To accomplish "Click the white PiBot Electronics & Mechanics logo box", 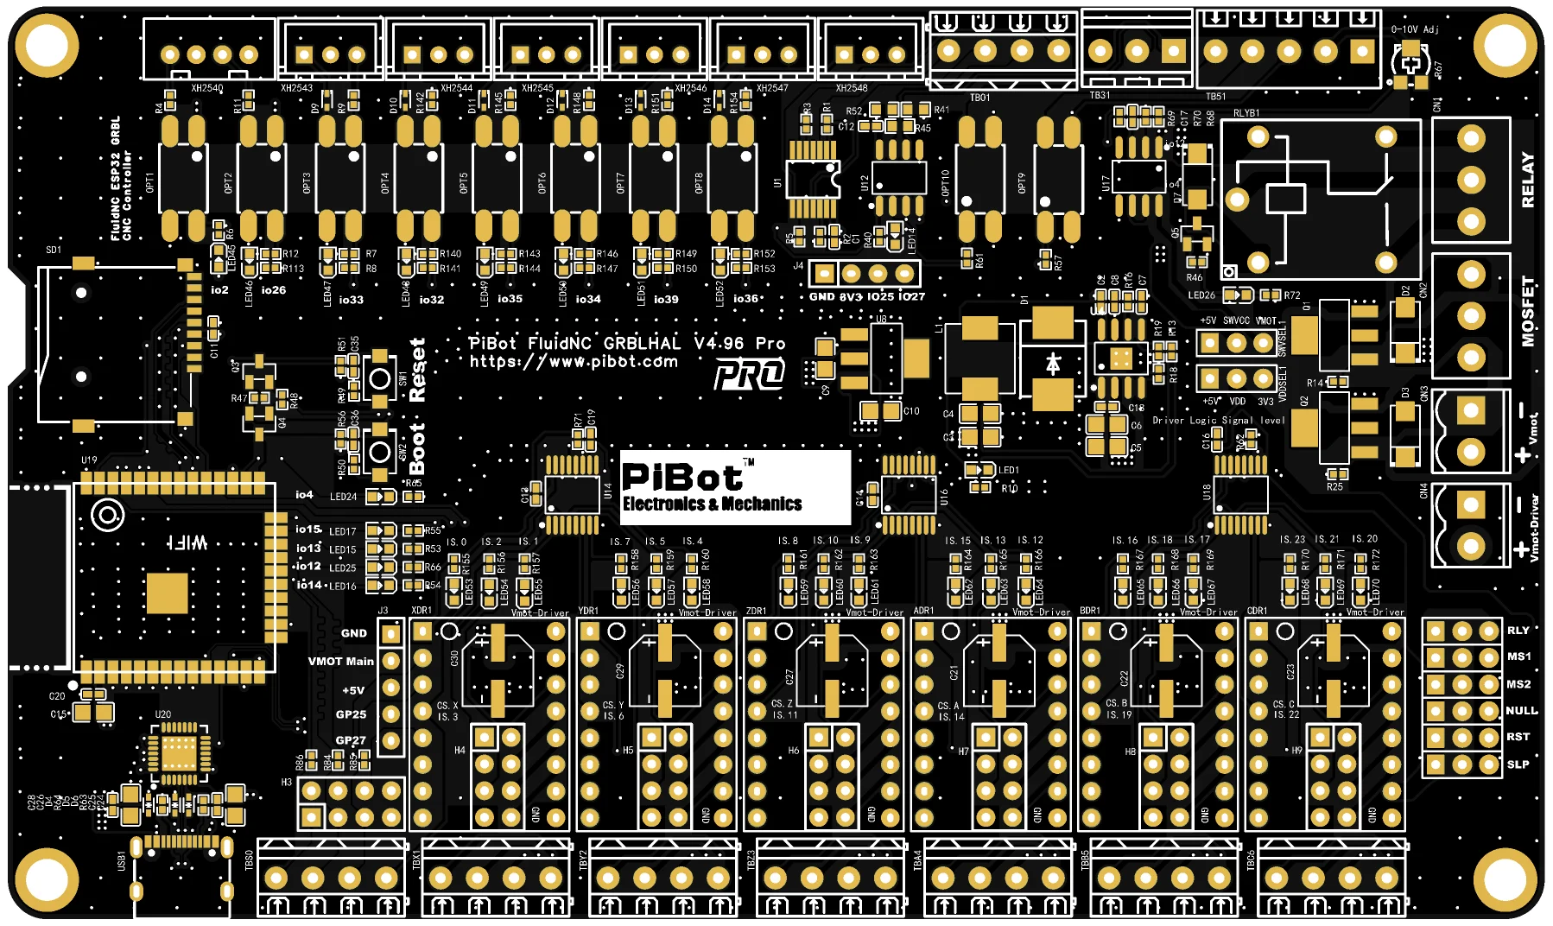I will click(735, 487).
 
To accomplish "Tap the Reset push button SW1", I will click(379, 377).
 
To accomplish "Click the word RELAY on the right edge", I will click(1528, 180).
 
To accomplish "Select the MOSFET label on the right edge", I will click(1528, 311).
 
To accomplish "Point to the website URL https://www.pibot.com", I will click(574, 362).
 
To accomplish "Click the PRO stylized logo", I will click(749, 374).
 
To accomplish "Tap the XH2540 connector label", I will click(207, 88).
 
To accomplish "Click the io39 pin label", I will click(666, 299).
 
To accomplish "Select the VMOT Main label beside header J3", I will click(341, 662).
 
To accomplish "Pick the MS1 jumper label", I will click(1518, 656).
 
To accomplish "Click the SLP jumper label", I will click(1518, 764).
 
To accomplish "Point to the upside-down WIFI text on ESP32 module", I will click(187, 542).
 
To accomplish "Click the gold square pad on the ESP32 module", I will click(167, 593).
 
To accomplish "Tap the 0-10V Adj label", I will click(1415, 29).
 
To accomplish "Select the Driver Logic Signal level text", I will click(1218, 421).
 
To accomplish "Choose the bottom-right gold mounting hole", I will click(1508, 881).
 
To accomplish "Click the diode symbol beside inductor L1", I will click(1053, 364).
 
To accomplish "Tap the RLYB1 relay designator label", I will click(1246, 113).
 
